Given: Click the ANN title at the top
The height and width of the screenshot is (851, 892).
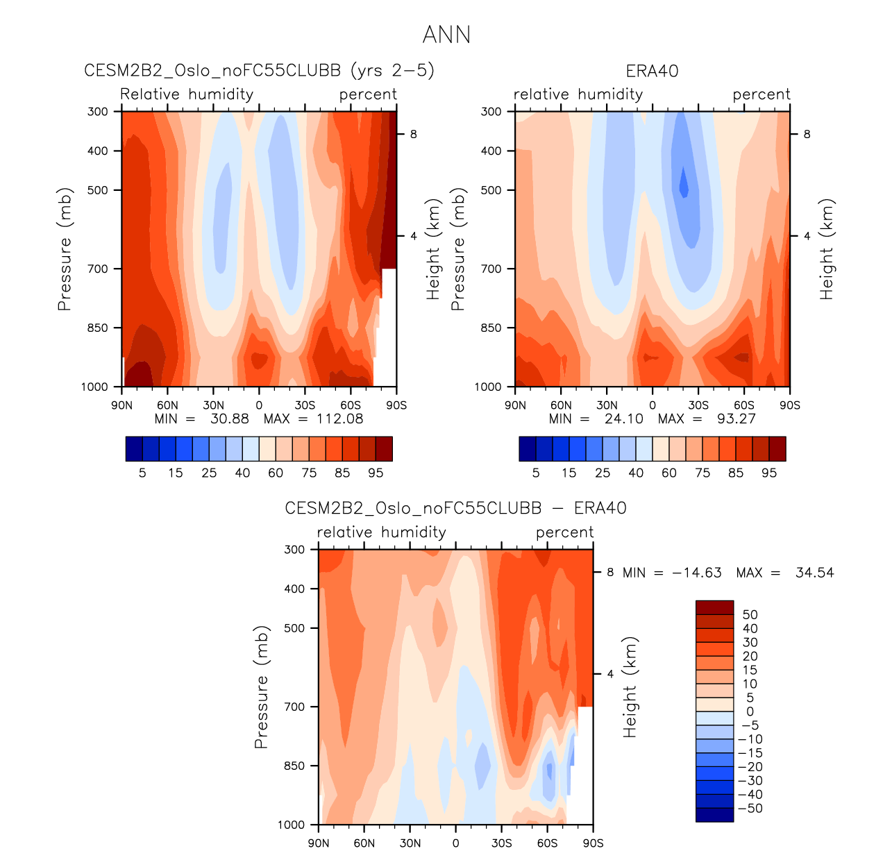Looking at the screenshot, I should [x=446, y=35].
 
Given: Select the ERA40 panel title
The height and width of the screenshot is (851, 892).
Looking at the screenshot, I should [x=652, y=71].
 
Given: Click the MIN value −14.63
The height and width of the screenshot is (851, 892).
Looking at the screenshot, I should [x=697, y=573].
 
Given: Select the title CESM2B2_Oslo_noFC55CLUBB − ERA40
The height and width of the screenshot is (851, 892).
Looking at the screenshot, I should [x=455, y=508].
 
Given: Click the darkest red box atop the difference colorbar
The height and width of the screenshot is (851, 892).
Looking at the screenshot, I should [x=714, y=607].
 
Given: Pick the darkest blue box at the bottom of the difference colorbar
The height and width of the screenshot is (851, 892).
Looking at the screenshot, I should [x=714, y=815].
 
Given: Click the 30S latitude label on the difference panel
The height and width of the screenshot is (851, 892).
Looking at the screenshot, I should [x=501, y=843].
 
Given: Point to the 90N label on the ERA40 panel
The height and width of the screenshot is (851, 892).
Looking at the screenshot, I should [x=515, y=405].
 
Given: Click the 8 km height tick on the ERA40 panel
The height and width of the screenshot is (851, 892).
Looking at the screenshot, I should [x=807, y=134].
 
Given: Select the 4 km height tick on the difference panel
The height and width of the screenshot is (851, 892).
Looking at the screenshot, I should [x=610, y=674].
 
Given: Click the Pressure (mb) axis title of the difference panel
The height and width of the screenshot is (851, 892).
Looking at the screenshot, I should [x=261, y=687].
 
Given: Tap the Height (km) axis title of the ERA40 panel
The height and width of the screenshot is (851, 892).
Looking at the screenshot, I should [x=826, y=249].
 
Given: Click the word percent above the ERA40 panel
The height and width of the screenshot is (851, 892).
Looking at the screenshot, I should [x=761, y=94].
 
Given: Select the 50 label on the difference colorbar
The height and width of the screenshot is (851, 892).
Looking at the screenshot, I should [x=750, y=614].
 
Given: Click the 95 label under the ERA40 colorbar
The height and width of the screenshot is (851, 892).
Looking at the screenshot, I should [x=769, y=473].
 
